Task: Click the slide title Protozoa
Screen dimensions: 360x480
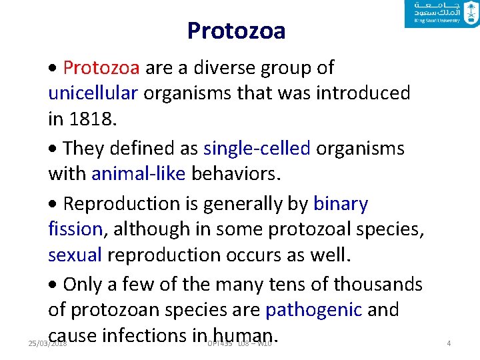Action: click(x=236, y=31)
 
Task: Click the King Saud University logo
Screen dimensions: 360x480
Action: click(x=441, y=14)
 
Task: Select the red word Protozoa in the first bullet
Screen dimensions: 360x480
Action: click(x=101, y=67)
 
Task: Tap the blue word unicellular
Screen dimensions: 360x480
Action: click(x=93, y=93)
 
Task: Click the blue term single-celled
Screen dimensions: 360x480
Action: click(x=257, y=148)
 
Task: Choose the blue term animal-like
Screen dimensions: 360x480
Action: click(x=139, y=173)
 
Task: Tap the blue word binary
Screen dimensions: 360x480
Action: click(x=340, y=203)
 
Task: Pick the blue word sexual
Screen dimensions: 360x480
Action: click(x=75, y=254)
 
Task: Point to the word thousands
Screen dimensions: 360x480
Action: click(x=378, y=284)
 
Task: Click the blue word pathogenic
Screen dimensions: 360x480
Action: click(x=313, y=309)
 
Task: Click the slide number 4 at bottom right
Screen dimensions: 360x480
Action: click(x=449, y=343)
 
